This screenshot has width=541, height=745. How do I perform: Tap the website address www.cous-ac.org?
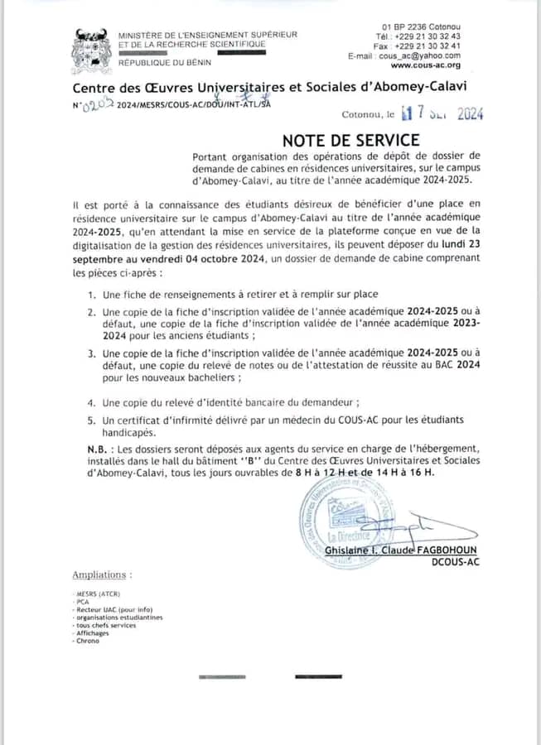point(426,65)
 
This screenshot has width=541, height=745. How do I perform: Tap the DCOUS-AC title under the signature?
point(455,563)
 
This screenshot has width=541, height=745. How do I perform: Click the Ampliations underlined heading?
point(102,574)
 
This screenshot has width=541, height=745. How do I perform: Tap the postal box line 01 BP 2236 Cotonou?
point(422,27)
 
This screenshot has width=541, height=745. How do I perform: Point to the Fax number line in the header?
point(417,46)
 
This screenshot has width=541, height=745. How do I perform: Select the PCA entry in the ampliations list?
point(83,602)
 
